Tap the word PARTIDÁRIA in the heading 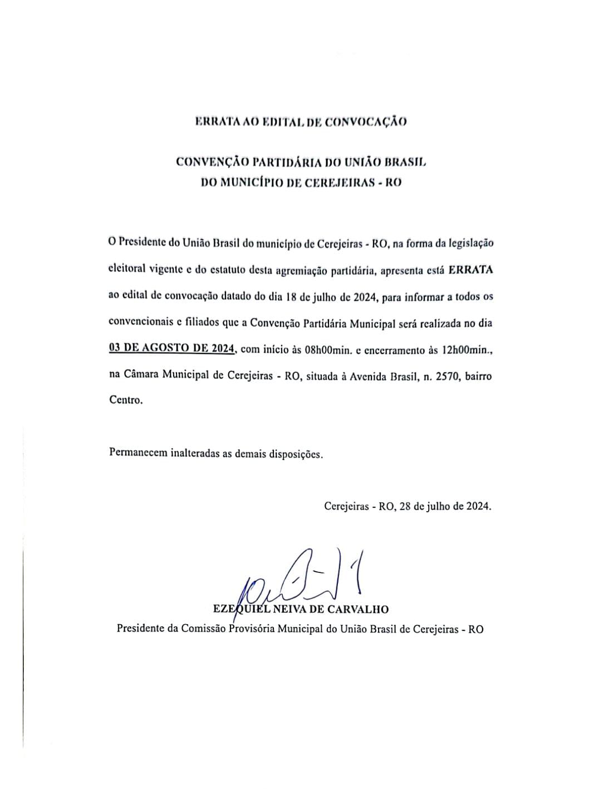tap(286, 162)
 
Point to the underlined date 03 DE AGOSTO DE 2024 tap(173, 349)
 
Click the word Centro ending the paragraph tap(126, 400)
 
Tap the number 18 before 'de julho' tap(290, 297)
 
